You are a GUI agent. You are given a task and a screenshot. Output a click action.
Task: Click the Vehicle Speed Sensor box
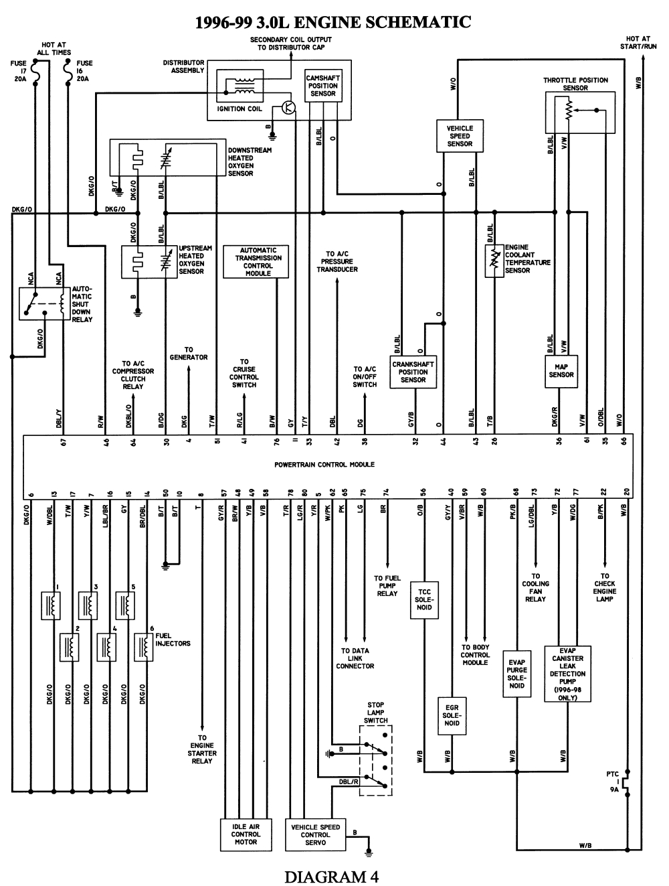460,136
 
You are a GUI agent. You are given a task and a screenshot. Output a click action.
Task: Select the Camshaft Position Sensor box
322,86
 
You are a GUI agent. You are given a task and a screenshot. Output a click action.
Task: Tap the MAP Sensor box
561,370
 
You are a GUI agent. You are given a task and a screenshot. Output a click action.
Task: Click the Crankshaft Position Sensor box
413,372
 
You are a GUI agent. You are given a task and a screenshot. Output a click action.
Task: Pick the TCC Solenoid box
424,599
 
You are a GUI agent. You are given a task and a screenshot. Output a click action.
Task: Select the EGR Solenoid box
452,715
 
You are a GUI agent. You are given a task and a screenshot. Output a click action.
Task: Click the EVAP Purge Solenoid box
516,674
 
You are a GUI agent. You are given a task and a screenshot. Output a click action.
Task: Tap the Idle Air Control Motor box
246,834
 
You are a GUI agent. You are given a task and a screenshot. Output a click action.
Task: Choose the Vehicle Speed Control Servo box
315,834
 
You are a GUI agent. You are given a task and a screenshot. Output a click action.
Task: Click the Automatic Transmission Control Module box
258,262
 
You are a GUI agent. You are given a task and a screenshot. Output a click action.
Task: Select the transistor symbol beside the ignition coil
288,107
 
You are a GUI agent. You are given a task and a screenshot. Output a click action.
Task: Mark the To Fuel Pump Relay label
387,586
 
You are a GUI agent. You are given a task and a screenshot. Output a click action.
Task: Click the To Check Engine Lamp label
605,587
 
